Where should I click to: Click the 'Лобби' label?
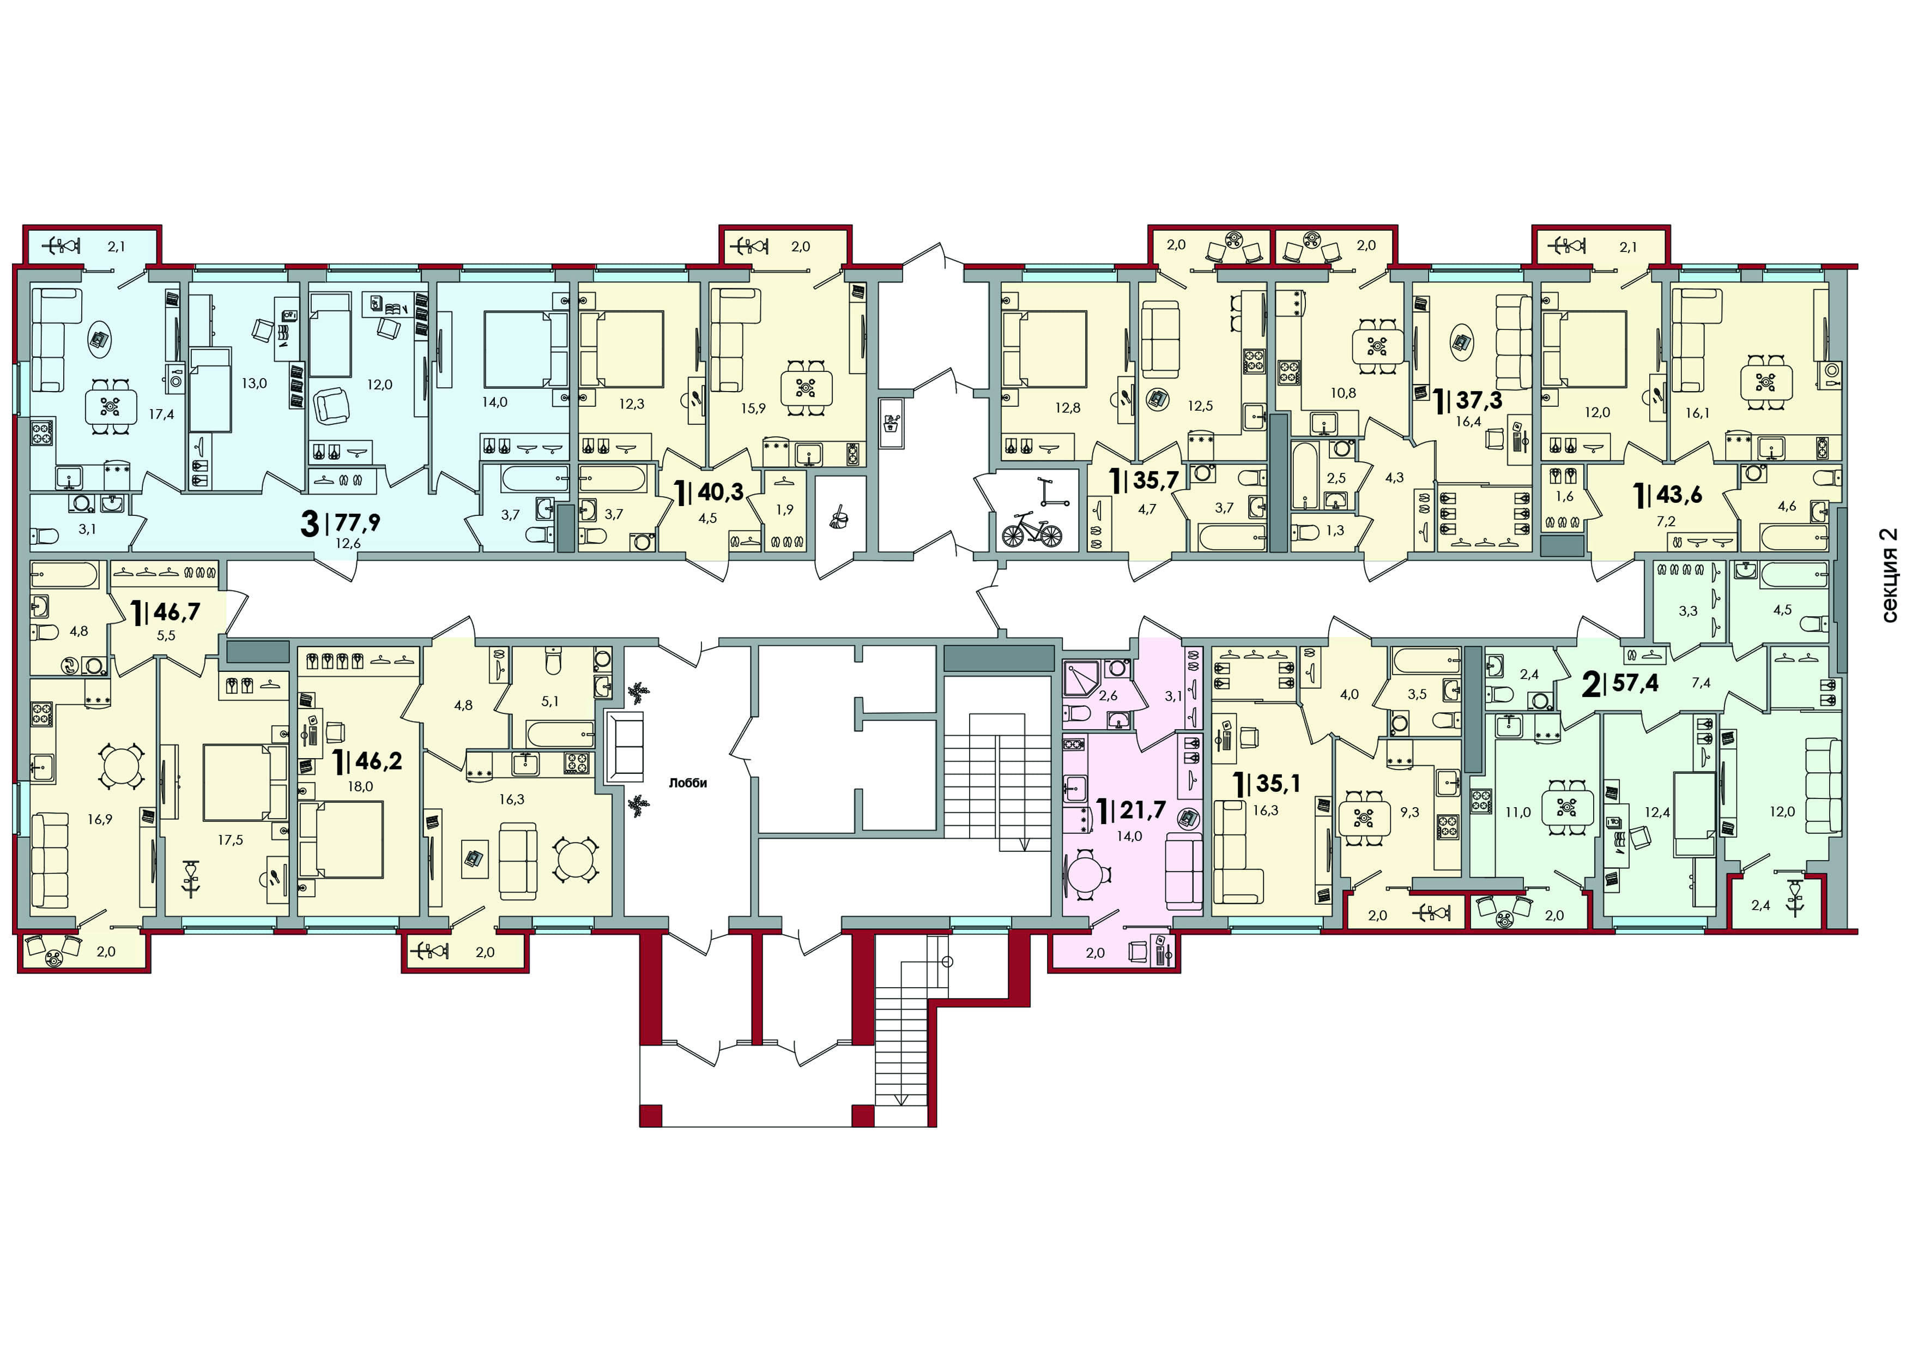[x=688, y=783]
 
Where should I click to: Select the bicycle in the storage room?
[x=1032, y=529]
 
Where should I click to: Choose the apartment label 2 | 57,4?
[x=1620, y=684]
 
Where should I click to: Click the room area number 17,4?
[x=161, y=413]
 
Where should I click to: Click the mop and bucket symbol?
[x=839, y=520]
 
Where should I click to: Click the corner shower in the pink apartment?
[x=1082, y=679]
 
